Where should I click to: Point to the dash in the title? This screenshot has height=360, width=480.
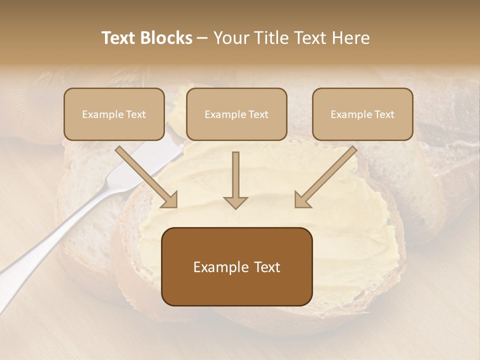coord(202,38)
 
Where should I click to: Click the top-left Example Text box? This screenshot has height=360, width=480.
coord(114,114)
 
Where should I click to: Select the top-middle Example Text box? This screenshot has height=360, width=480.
coord(236,114)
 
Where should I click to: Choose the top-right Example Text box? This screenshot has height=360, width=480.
coord(362,114)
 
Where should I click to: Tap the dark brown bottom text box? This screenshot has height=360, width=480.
coord(236,266)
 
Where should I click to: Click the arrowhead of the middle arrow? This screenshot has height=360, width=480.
coord(235,202)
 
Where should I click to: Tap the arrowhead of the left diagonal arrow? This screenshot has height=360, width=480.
coord(169,199)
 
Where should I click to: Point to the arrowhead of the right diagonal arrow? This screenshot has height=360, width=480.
coord(302,199)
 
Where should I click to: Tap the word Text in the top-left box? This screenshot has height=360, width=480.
coord(135,114)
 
